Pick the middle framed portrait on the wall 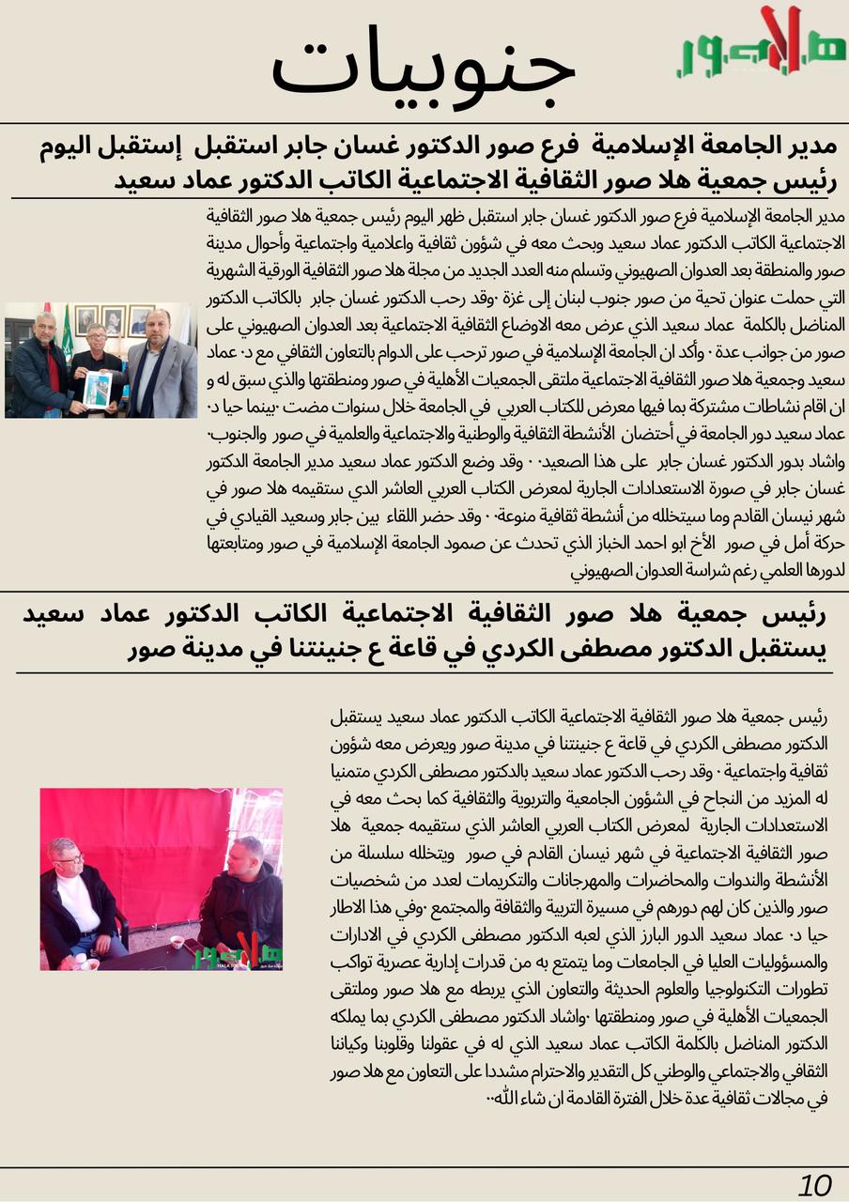point(114,320)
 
